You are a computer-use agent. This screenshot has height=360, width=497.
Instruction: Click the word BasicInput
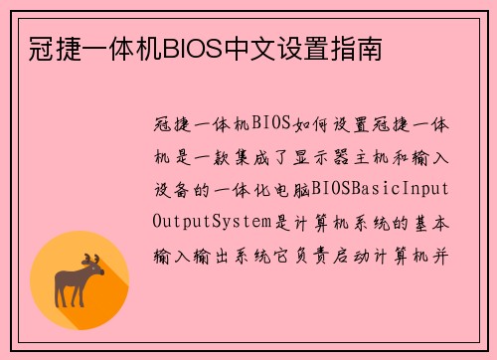point(403,188)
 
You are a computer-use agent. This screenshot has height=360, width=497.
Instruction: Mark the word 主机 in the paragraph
point(359,156)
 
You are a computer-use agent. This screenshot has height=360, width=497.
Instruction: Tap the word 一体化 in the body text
point(248,188)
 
